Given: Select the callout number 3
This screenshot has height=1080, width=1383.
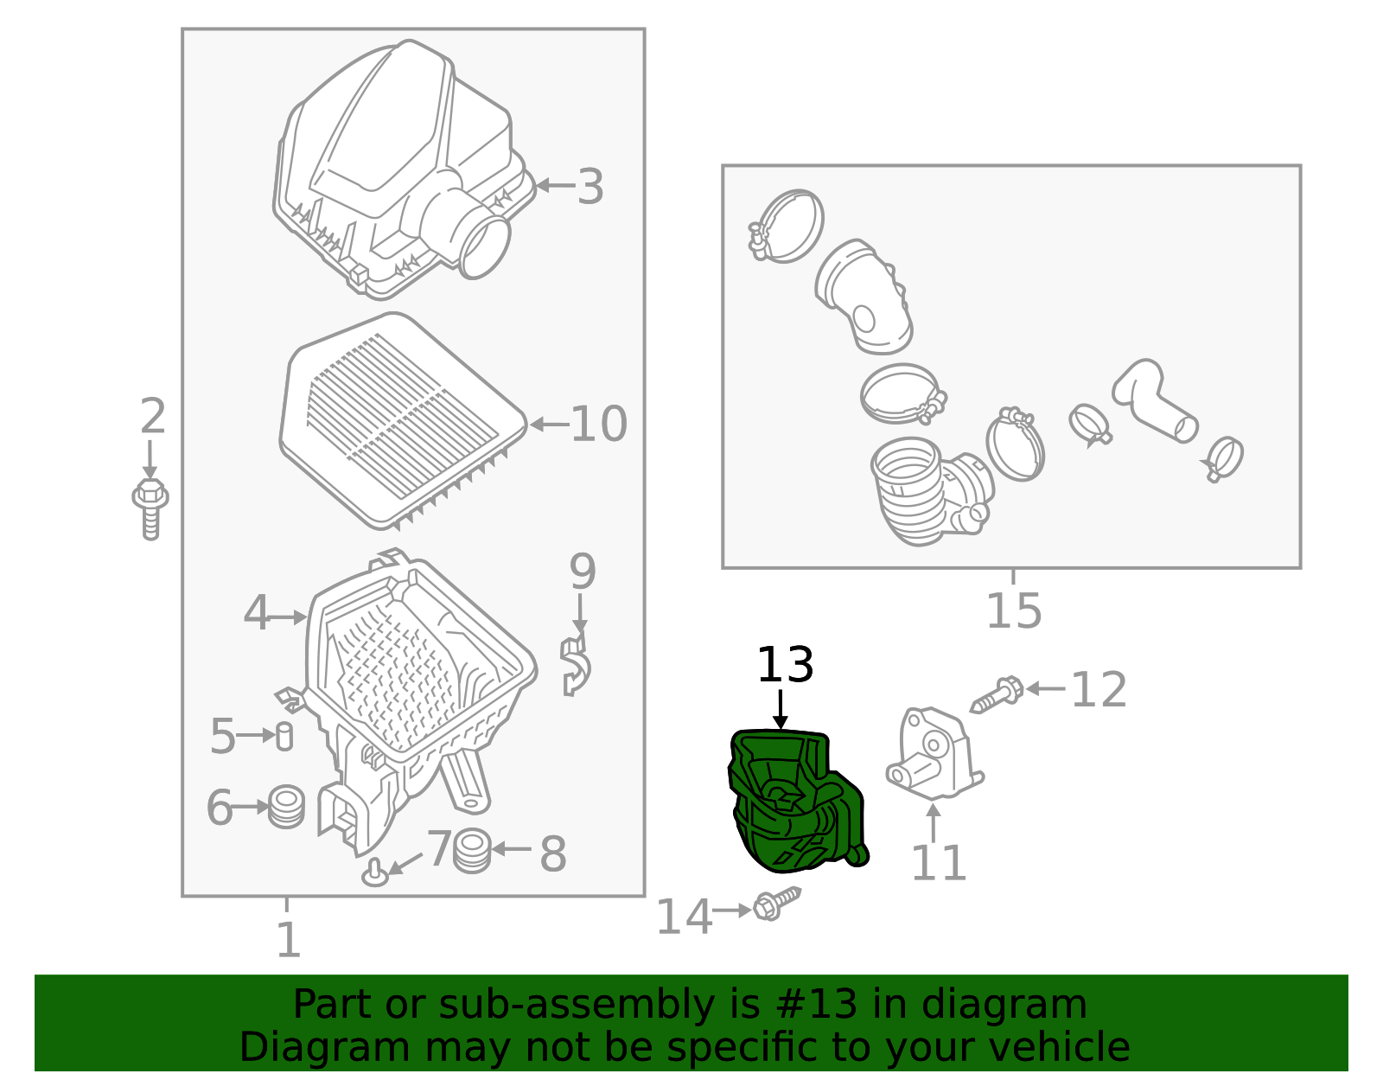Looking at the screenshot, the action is point(590,187).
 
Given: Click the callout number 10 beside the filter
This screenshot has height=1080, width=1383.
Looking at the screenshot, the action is point(599,424).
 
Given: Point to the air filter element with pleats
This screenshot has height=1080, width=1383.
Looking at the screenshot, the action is point(404,420).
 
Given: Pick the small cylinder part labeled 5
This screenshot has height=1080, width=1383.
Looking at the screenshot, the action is point(284,737).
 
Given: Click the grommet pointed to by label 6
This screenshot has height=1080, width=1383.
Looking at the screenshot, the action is point(286,807).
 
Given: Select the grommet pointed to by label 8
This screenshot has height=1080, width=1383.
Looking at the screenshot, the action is point(472,850).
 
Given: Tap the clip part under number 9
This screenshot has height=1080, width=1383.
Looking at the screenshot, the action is point(576,666).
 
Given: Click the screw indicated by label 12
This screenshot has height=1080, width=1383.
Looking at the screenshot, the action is point(997,694).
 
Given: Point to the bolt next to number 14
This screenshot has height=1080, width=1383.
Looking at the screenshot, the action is point(777,904).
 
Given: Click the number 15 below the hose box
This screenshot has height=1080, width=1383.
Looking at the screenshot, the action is point(1014,611).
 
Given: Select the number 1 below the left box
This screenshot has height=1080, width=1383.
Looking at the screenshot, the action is point(289,939).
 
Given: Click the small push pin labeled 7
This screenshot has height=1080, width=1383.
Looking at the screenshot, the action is point(375,872).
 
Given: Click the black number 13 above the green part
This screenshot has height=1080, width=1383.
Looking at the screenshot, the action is point(785,665).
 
